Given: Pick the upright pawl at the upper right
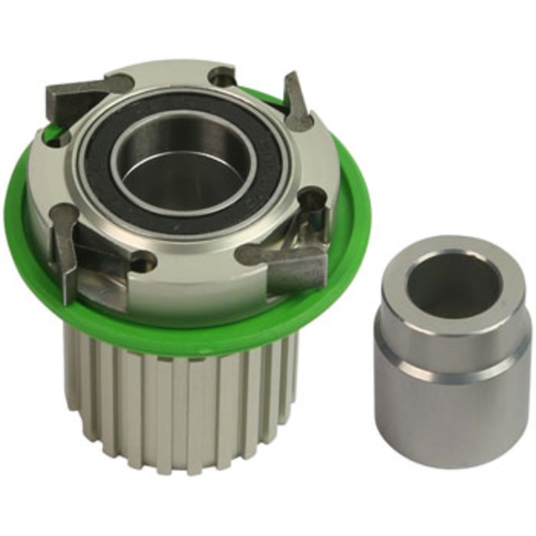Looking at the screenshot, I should point(295,100).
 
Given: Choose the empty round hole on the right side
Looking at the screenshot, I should point(314,198).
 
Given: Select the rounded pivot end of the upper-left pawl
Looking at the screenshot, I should point(121,84).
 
